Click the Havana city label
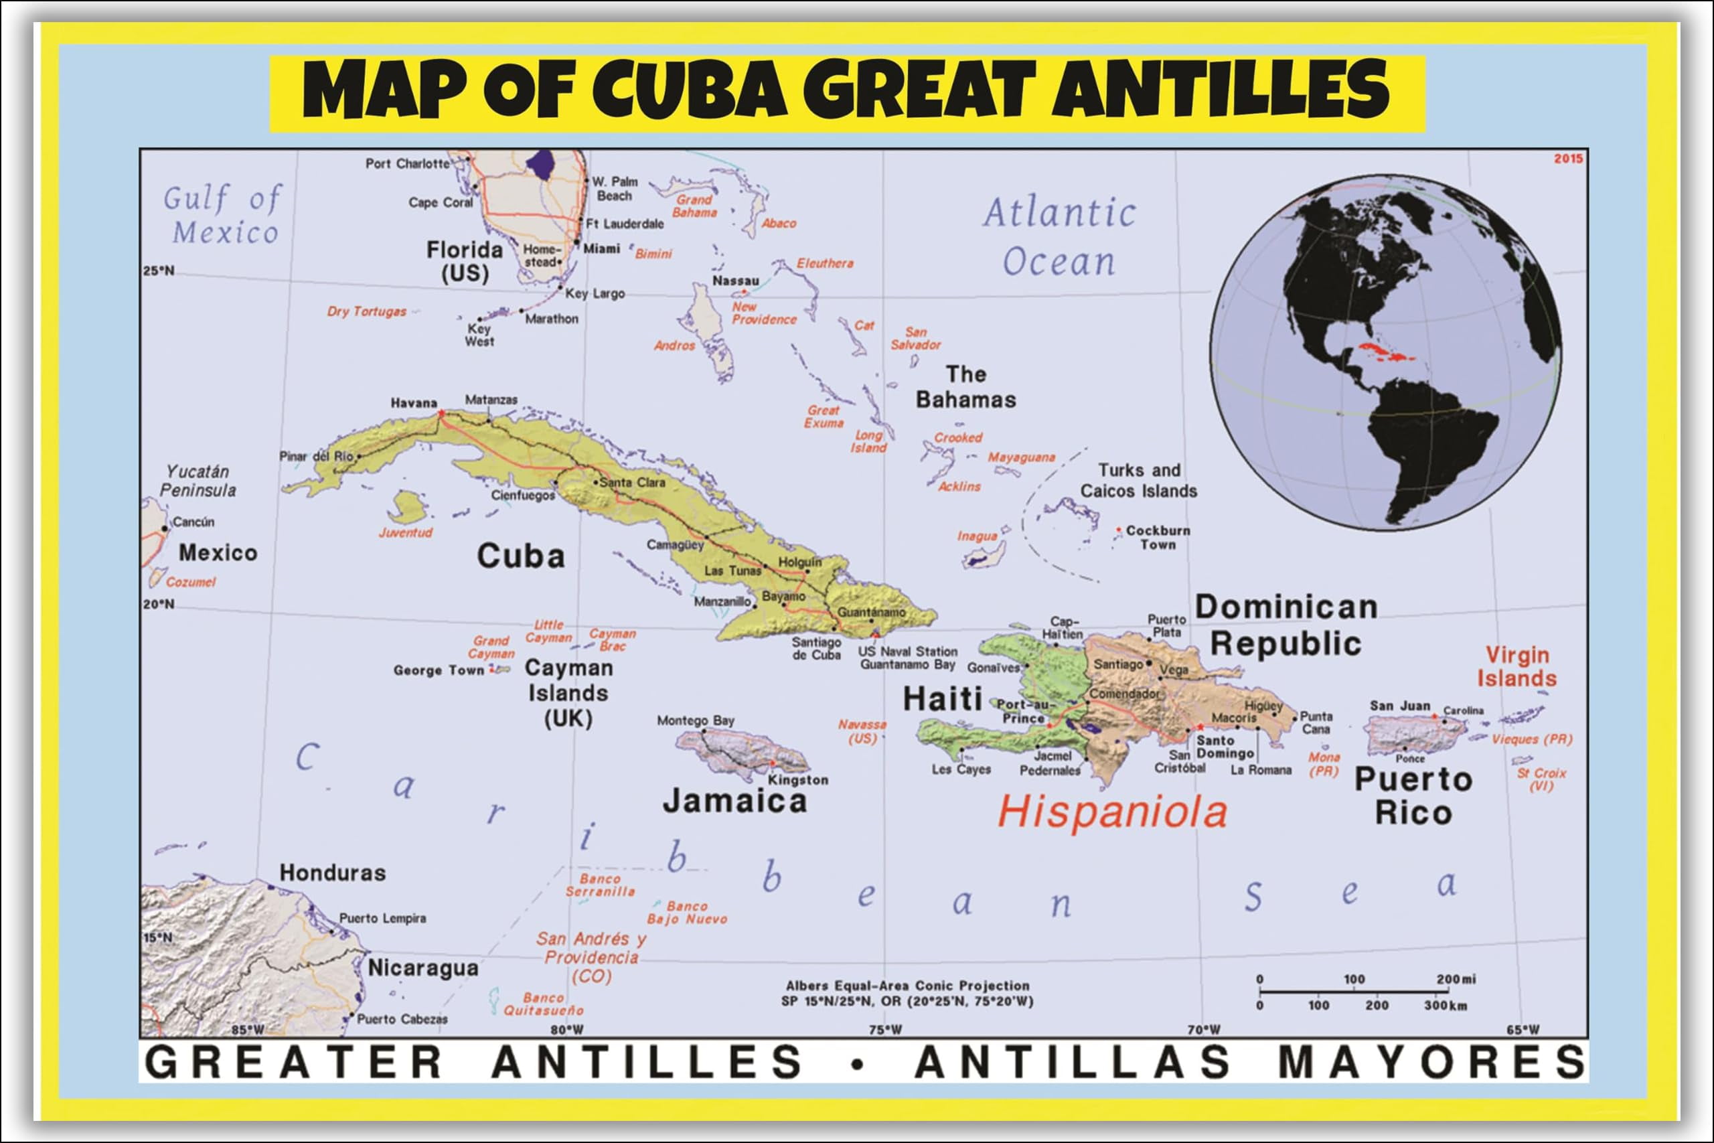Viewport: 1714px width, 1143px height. pyautogui.click(x=413, y=403)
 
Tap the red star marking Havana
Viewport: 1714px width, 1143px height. pyautogui.click(x=442, y=414)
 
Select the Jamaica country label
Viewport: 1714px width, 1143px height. pyautogui.click(x=734, y=801)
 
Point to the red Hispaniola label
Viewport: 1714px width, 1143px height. pyautogui.click(x=1112, y=812)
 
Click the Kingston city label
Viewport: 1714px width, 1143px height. pyautogui.click(x=797, y=780)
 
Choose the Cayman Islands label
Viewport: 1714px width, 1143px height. pyautogui.click(x=568, y=692)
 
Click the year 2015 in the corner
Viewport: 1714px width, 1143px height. pyautogui.click(x=1567, y=159)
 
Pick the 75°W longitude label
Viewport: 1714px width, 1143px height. pyautogui.click(x=884, y=1030)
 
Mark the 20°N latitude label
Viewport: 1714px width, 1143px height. pyautogui.click(x=159, y=604)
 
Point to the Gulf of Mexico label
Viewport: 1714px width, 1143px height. pyautogui.click(x=222, y=216)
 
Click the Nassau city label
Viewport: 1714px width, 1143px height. pyautogui.click(x=735, y=281)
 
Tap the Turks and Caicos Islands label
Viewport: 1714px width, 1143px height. pyautogui.click(x=1138, y=480)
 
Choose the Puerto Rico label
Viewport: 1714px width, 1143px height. pyautogui.click(x=1413, y=796)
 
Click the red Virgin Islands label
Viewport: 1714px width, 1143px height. pyautogui.click(x=1516, y=667)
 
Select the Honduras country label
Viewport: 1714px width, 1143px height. pyautogui.click(x=332, y=872)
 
